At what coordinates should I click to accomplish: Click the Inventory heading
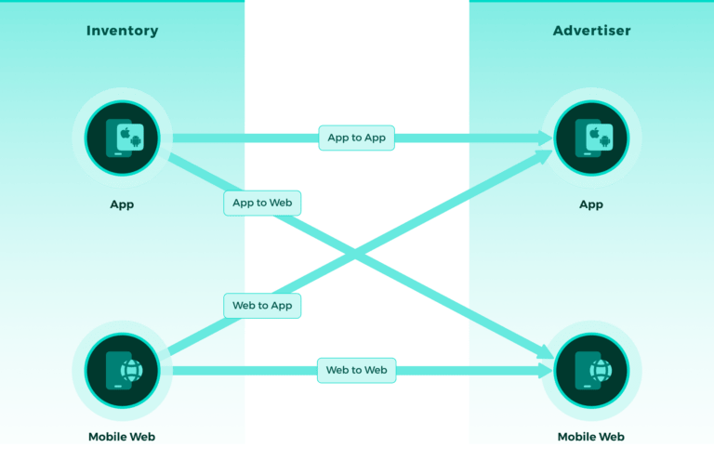pyautogui.click(x=122, y=31)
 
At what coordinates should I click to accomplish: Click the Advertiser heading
pyautogui.click(x=591, y=31)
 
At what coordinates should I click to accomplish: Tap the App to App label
pyautogui.click(x=356, y=138)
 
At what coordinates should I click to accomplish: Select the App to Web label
pyautogui.click(x=263, y=203)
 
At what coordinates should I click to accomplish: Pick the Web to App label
pyautogui.click(x=262, y=306)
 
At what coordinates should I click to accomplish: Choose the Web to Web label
pyautogui.click(x=356, y=370)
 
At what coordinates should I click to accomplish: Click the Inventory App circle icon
pyautogui.click(x=122, y=138)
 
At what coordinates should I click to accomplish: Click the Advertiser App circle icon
pyautogui.click(x=591, y=138)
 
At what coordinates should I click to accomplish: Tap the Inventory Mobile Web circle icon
pyautogui.click(x=122, y=371)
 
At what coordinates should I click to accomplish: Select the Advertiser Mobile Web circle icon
pyautogui.click(x=591, y=371)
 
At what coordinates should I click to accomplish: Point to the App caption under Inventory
pyautogui.click(x=122, y=204)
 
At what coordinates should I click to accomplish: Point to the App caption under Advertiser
pyautogui.click(x=591, y=204)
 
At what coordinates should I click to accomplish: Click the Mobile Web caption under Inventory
pyautogui.click(x=122, y=437)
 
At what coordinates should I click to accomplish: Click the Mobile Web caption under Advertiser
pyautogui.click(x=591, y=437)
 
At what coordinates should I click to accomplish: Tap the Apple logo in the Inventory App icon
pyautogui.click(x=125, y=134)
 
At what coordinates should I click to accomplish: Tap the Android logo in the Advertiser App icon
pyautogui.click(x=605, y=142)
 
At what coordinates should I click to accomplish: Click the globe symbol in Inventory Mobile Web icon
pyautogui.click(x=132, y=371)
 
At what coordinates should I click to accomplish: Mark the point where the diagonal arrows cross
pyautogui.click(x=356, y=253)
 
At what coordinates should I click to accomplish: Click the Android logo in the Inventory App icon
pyautogui.click(x=136, y=142)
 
